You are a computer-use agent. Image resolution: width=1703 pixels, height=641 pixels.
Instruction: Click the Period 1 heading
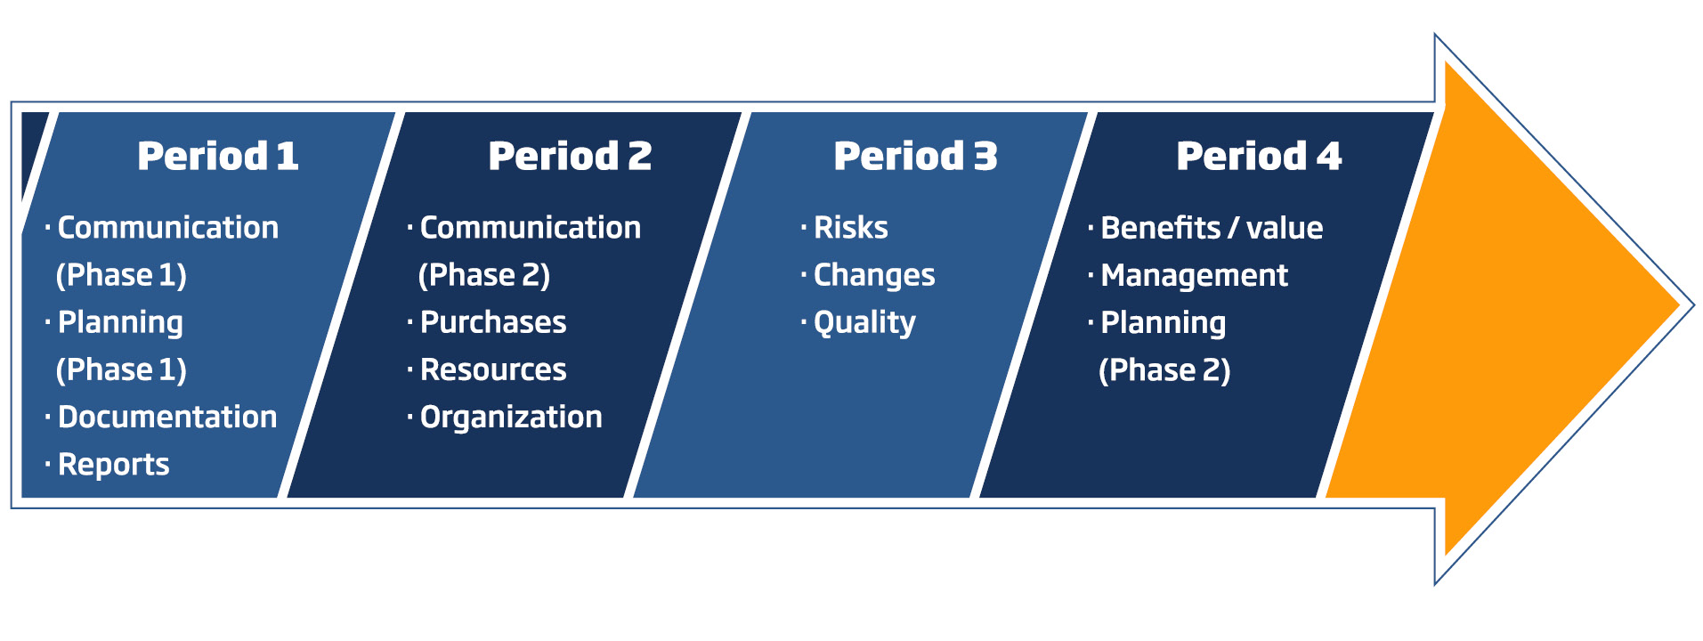218,157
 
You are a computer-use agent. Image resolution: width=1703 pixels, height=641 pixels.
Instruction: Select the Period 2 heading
570,157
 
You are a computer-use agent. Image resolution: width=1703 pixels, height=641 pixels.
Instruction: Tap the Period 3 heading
915,157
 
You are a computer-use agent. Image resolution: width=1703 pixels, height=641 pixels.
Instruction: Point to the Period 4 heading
1259,157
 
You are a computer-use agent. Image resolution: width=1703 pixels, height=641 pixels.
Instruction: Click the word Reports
114,465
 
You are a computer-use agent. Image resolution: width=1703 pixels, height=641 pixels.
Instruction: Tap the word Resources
493,369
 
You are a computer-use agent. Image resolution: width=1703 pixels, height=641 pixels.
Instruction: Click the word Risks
851,228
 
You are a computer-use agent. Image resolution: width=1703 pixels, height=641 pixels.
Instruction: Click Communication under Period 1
168,228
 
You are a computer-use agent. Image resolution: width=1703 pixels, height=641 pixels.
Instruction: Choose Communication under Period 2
531,228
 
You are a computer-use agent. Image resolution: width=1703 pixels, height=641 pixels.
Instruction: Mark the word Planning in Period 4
1164,323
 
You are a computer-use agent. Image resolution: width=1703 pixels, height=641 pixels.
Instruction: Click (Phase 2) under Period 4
1164,370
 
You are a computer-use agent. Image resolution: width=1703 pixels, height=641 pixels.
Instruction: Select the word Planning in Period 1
120,323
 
